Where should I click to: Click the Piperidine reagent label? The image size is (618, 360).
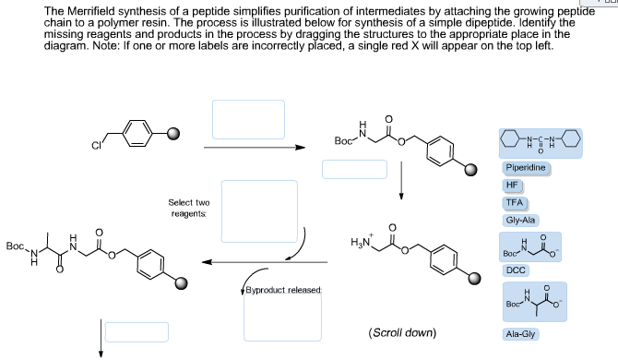(527, 168)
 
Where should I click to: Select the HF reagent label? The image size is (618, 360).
(513, 185)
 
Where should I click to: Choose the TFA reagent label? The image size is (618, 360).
(515, 202)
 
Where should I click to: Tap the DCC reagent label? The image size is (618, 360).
(515, 270)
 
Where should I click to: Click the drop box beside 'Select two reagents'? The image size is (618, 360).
(258, 212)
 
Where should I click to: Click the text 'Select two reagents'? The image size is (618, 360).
(189, 208)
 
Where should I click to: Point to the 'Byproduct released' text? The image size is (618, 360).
(282, 290)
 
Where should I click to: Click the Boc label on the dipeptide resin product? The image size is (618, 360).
(15, 247)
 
